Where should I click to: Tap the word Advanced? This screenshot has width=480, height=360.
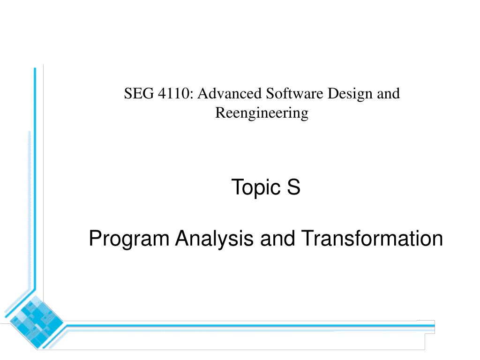tap(229, 94)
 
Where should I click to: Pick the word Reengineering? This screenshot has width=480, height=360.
tap(262, 113)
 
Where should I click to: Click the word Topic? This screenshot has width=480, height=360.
tap(255, 187)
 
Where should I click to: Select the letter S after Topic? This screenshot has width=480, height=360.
tap(294, 187)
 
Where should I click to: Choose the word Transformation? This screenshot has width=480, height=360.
tap(371, 239)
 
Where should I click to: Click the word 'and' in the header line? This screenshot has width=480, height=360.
tap(389, 94)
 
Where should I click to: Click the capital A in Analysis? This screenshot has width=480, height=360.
tap(181, 239)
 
